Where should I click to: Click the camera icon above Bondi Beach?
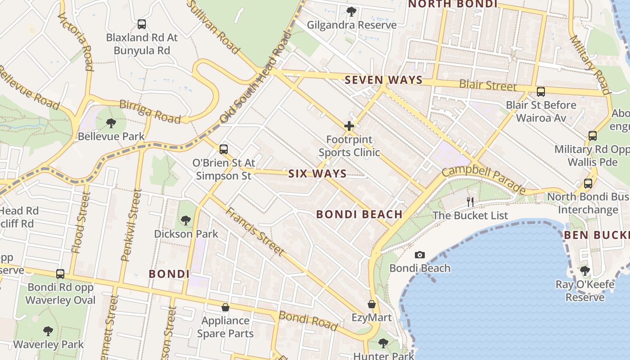coord(419,255)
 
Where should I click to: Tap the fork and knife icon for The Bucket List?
coord(470,202)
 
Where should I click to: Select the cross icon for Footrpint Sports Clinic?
coord(349,126)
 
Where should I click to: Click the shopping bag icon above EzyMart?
coord(372,304)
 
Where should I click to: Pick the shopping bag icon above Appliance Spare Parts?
coord(225,307)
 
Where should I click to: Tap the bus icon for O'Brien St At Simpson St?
coord(223,149)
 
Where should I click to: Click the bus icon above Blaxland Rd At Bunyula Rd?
coord(142,24)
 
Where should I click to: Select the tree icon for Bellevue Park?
coord(111,123)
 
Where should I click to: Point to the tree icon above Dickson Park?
coord(185,220)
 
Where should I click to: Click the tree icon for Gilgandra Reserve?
coord(351,12)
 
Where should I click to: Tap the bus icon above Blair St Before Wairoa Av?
coord(540,92)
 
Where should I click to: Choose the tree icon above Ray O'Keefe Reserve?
coord(585,271)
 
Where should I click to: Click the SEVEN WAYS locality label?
coord(383,81)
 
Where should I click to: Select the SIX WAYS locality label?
coord(317,174)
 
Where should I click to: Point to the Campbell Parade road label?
coord(483,180)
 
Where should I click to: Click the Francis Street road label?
coord(255,232)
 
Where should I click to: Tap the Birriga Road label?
coord(150,111)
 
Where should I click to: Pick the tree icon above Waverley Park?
coord(48,331)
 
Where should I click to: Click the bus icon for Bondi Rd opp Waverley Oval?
coord(60,274)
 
